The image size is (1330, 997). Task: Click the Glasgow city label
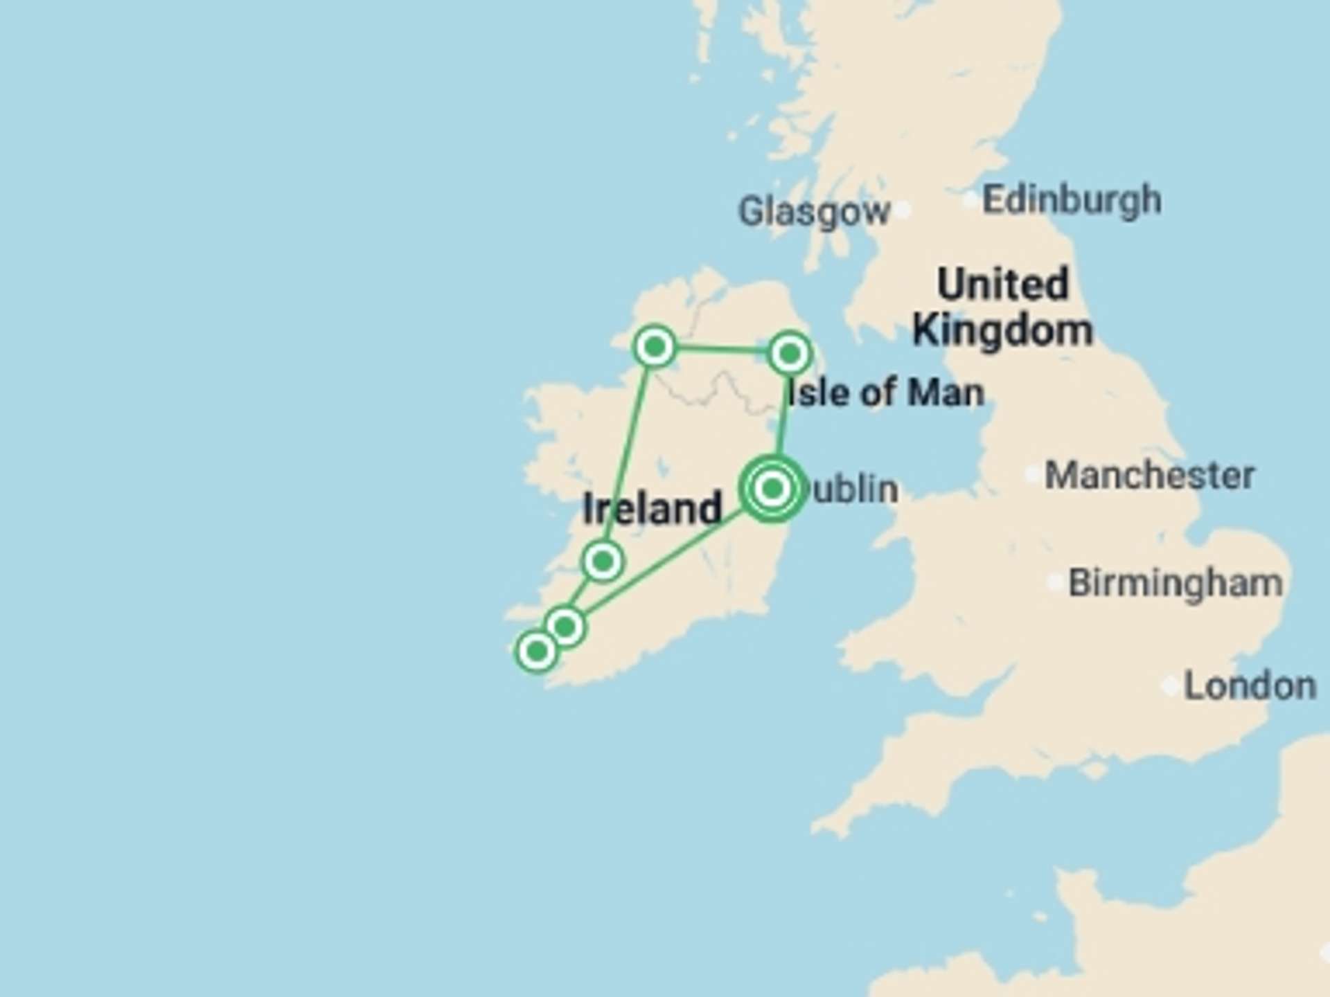click(x=813, y=211)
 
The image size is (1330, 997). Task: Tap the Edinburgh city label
click(x=1072, y=200)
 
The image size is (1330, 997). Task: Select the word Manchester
click(x=1149, y=476)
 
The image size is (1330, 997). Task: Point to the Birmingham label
click(x=1175, y=583)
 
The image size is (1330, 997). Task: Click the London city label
click(x=1250, y=686)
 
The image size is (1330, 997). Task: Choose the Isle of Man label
click(x=886, y=393)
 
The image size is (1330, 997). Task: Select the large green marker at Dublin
click(x=772, y=489)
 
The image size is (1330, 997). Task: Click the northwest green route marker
click(x=655, y=346)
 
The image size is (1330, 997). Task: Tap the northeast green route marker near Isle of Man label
click(x=790, y=354)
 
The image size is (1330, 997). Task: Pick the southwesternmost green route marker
click(x=537, y=651)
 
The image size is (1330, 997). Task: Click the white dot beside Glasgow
click(x=902, y=210)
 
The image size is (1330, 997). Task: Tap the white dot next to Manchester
click(x=1033, y=474)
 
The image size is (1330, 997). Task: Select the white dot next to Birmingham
click(x=1056, y=583)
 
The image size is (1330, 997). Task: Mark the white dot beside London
click(x=1171, y=686)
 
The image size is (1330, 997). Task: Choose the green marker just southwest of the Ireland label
click(x=603, y=561)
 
